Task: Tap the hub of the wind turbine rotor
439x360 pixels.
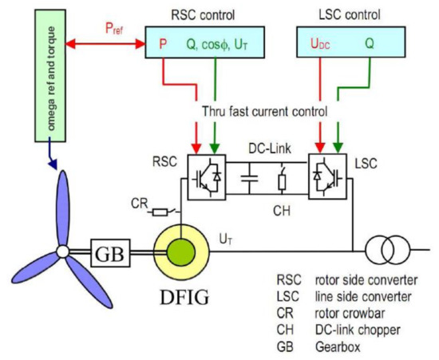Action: tap(61, 253)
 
